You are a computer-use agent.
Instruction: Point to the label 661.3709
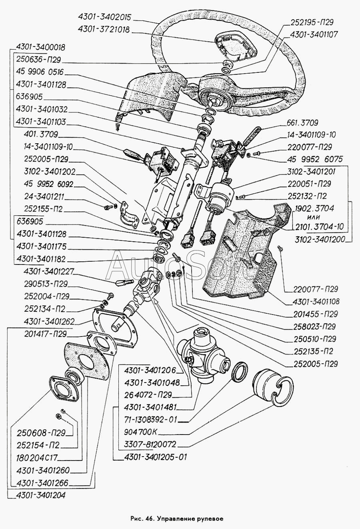coord(302,123)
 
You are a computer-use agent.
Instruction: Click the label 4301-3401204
coord(40,495)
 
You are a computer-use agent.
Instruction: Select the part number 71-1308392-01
coord(151,420)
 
